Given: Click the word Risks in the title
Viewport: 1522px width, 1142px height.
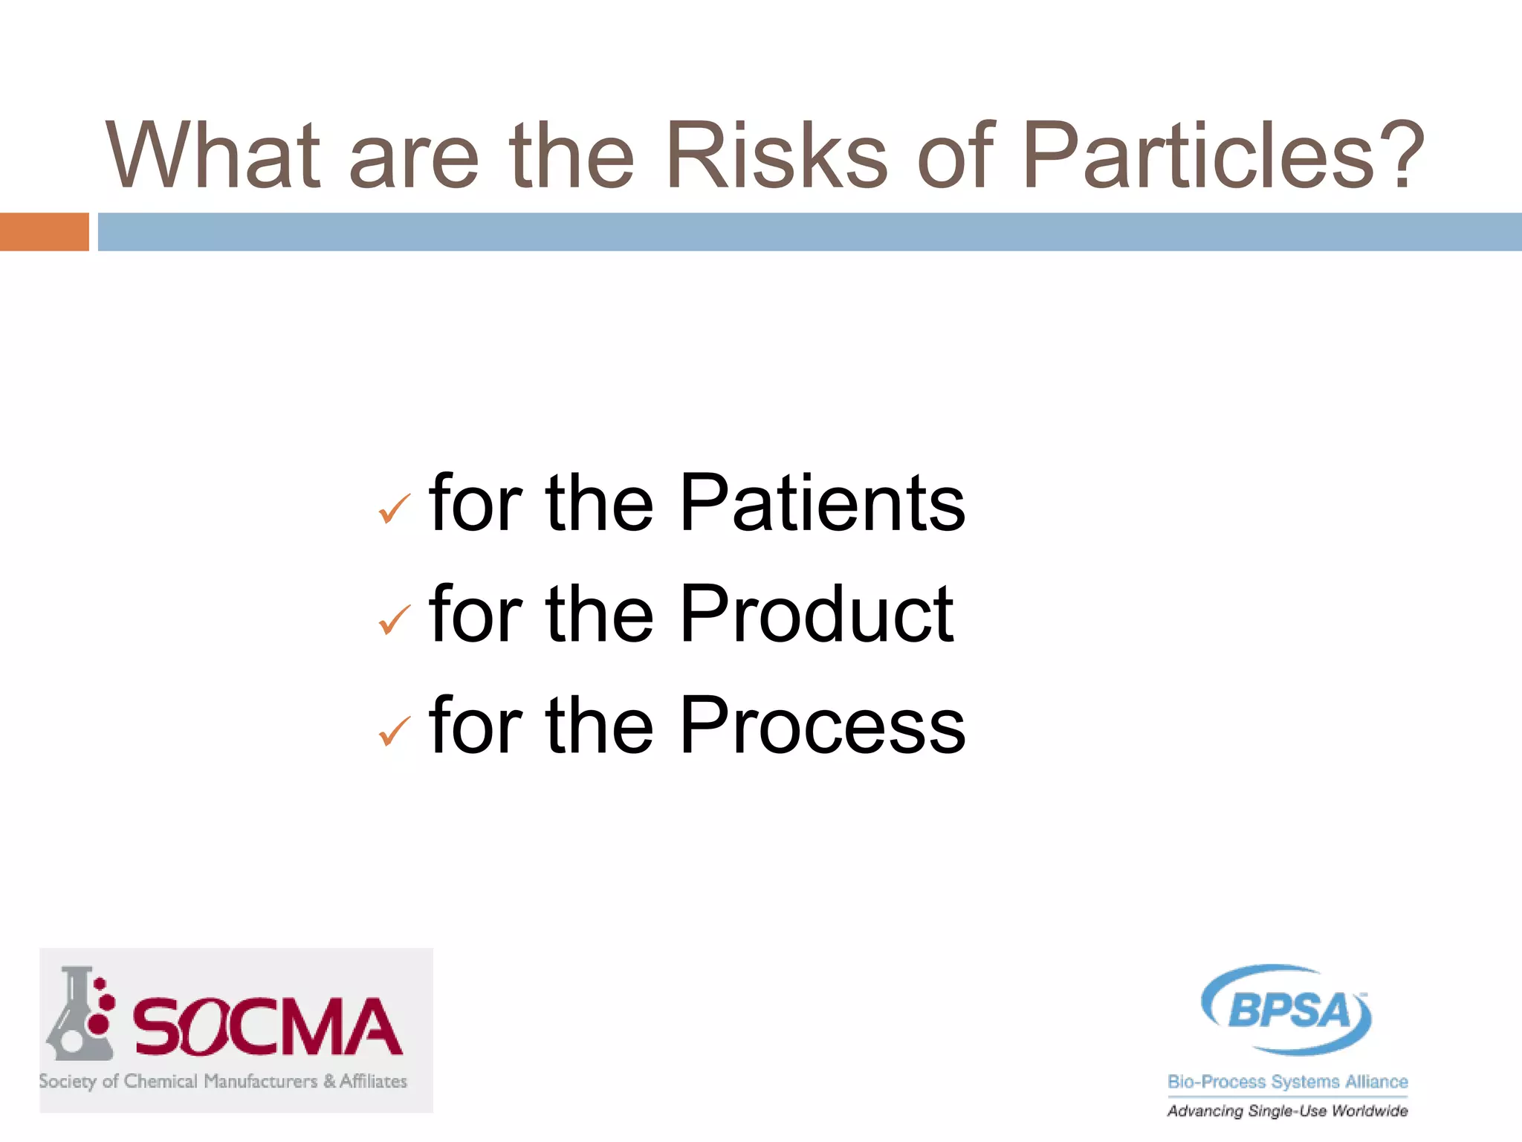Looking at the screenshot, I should (776, 155).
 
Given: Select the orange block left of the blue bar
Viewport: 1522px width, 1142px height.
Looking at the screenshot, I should (44, 232).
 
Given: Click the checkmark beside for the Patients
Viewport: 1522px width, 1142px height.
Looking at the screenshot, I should (394, 509).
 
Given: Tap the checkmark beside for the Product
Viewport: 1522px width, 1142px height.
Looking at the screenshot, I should (394, 620).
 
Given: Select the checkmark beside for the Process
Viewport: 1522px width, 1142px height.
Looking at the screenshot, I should (394, 732).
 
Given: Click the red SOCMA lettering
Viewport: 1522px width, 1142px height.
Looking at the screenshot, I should (268, 1028).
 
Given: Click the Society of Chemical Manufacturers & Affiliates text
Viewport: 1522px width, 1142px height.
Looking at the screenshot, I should (223, 1081).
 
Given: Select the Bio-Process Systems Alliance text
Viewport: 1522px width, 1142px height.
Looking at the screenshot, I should (1287, 1082).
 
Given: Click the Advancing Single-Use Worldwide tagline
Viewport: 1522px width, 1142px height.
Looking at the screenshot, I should (1287, 1111).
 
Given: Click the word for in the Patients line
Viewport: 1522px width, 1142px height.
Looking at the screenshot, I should (476, 504).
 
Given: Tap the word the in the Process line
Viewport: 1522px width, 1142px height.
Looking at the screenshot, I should (599, 726).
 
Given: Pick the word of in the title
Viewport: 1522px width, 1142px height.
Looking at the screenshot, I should (956, 155).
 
